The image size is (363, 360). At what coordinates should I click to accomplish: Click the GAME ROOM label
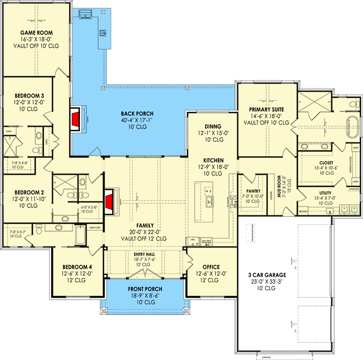pyautogui.click(x=36, y=33)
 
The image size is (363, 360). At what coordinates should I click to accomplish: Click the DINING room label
pyautogui.click(x=213, y=126)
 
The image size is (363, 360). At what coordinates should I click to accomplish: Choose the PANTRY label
pyautogui.click(x=253, y=190)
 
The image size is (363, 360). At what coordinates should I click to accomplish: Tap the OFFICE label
pyautogui.click(x=211, y=267)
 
